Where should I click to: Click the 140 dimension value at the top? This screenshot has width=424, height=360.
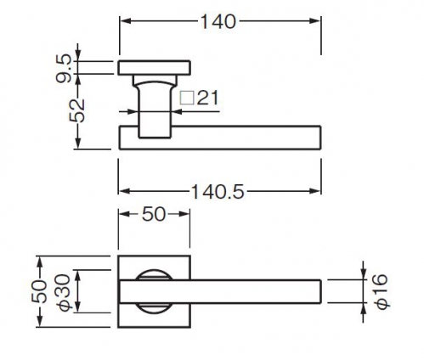[218, 22]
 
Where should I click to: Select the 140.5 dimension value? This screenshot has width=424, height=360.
[218, 192]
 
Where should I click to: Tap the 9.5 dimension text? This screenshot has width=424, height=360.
[63, 69]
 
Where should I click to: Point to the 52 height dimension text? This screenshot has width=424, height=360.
[77, 110]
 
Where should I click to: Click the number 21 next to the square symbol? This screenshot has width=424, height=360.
[207, 98]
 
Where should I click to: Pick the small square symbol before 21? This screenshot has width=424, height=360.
[187, 98]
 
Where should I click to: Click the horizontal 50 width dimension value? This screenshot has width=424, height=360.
[153, 214]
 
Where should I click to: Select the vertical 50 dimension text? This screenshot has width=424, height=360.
[39, 291]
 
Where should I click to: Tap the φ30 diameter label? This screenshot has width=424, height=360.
[63, 292]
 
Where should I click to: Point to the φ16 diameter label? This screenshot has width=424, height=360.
[380, 290]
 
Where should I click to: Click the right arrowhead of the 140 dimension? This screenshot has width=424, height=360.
[315, 21]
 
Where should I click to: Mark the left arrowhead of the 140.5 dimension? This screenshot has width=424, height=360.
[124, 191]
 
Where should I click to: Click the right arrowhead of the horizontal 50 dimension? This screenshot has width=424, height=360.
[184, 214]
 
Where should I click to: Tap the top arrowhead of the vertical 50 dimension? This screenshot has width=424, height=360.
[40, 262]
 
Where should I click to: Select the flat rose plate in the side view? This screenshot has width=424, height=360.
[154, 68]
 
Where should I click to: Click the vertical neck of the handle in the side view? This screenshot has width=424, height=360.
[155, 110]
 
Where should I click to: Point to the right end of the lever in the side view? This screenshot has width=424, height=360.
[320, 138]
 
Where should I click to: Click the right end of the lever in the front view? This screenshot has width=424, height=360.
[320, 291]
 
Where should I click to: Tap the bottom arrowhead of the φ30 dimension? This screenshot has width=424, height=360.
[78, 307]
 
